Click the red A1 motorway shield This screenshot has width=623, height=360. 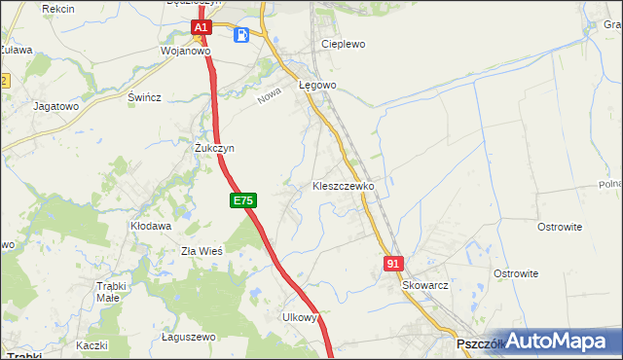pyautogui.click(x=200, y=29)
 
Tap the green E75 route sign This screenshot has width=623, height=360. pyautogui.click(x=243, y=200)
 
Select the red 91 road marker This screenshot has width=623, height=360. pyautogui.click(x=393, y=264)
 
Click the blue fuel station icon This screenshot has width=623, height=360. pyautogui.click(x=241, y=35)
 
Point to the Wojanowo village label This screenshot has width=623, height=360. pyautogui.click(x=185, y=51)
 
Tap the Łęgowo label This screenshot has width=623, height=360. pyautogui.click(x=317, y=85)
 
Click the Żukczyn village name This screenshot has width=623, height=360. pyautogui.click(x=214, y=148)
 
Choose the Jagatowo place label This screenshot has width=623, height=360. pyautogui.click(x=55, y=105)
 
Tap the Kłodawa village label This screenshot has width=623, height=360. pyautogui.click(x=151, y=226)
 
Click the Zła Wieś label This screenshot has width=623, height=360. pyautogui.click(x=202, y=250)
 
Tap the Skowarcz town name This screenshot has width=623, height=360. pyautogui.click(x=424, y=286)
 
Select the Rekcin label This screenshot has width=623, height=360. pyautogui.click(x=59, y=8)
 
